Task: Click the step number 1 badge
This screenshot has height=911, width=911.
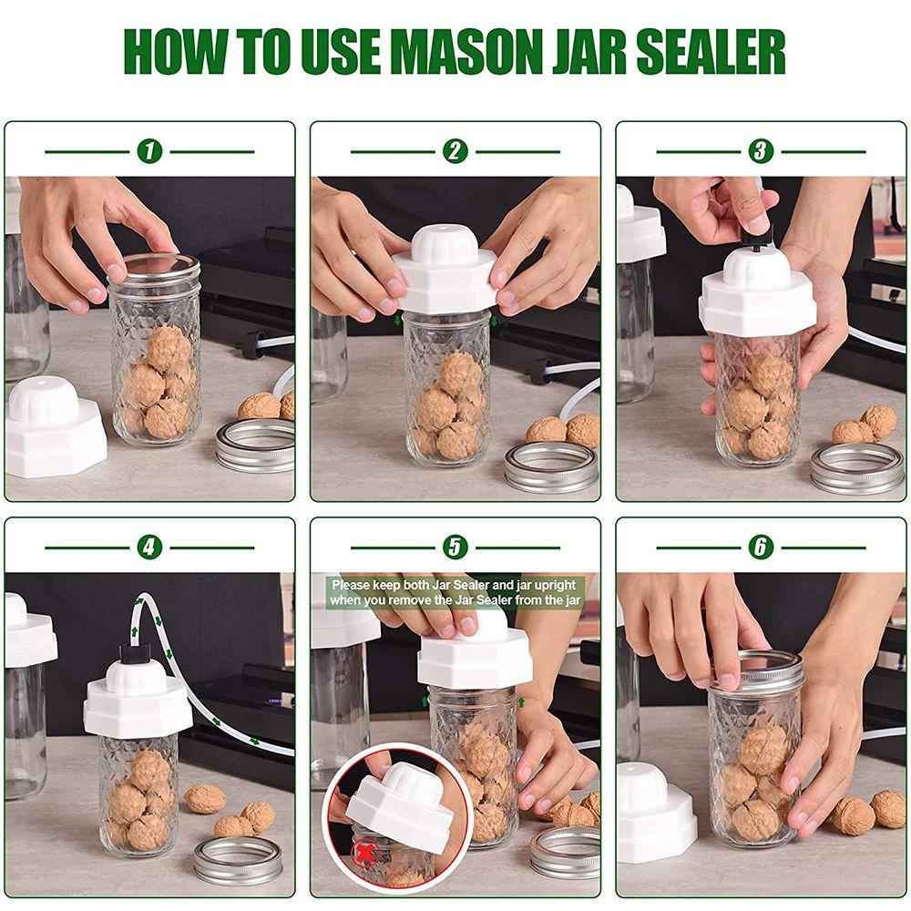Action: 149,151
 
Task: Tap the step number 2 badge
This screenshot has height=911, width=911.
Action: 455,151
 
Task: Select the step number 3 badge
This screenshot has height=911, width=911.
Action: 761,151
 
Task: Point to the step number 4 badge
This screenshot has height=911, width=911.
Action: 149,548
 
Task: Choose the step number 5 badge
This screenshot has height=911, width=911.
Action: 455,548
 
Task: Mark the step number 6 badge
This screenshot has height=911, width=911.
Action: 761,548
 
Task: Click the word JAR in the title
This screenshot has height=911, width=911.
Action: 589,52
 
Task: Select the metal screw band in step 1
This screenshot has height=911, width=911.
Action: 256,445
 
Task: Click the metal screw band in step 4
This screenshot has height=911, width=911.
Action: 237,860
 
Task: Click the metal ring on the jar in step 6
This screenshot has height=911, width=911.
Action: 755,671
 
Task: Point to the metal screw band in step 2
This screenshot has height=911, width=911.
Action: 551,467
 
